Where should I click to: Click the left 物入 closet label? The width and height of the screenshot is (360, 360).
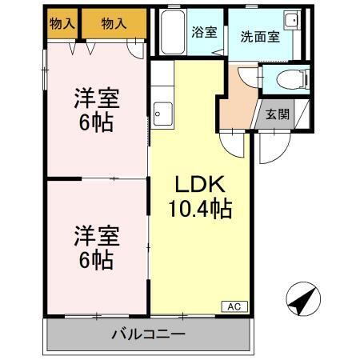tap(62, 24)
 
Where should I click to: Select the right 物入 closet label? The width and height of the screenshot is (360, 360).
tap(114, 24)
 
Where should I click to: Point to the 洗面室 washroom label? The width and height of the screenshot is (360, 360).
tap(260, 38)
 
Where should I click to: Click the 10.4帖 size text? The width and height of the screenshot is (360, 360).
tap(200, 210)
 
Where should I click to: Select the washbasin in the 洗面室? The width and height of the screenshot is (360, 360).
tap(291, 22)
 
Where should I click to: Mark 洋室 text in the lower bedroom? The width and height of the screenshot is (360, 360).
tap(97, 236)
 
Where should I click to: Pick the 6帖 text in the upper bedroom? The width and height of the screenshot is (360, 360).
tap(97, 124)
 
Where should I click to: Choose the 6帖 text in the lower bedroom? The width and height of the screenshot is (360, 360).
tap(97, 259)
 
